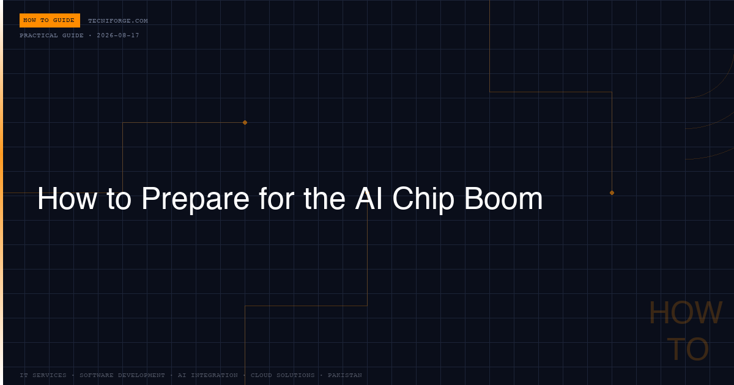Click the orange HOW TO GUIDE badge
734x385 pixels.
tap(50, 20)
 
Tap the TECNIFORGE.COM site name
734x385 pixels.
tap(118, 21)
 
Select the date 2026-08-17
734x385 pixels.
tap(118, 35)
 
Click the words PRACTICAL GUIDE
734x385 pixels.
tap(51, 35)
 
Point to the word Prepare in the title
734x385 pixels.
tap(195, 199)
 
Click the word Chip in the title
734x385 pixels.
tap(423, 199)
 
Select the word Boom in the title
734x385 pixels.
tap(503, 199)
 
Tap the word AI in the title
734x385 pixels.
tap(369, 199)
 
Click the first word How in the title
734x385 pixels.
tap(67, 199)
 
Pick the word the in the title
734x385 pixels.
tap(324, 199)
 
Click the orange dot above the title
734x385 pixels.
tap(245, 122)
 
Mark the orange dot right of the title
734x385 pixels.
tap(612, 193)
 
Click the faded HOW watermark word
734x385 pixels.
tap(686, 313)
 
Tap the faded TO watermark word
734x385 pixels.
tap(688, 349)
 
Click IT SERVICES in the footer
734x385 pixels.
tap(43, 375)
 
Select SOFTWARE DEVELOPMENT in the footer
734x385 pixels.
tap(122, 375)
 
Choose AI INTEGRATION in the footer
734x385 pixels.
tap(208, 375)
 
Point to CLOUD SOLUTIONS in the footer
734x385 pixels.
tap(283, 375)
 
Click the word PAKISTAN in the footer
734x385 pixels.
tap(345, 375)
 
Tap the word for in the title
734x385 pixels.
tap(276, 199)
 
